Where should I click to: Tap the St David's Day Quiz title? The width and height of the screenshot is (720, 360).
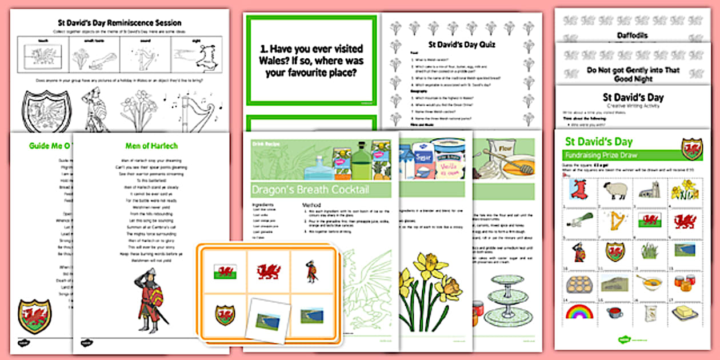462,44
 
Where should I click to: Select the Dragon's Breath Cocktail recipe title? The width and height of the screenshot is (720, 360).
310,190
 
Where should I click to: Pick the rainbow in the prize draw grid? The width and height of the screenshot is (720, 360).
579,312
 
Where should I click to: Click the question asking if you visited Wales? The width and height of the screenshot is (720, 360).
312,61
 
